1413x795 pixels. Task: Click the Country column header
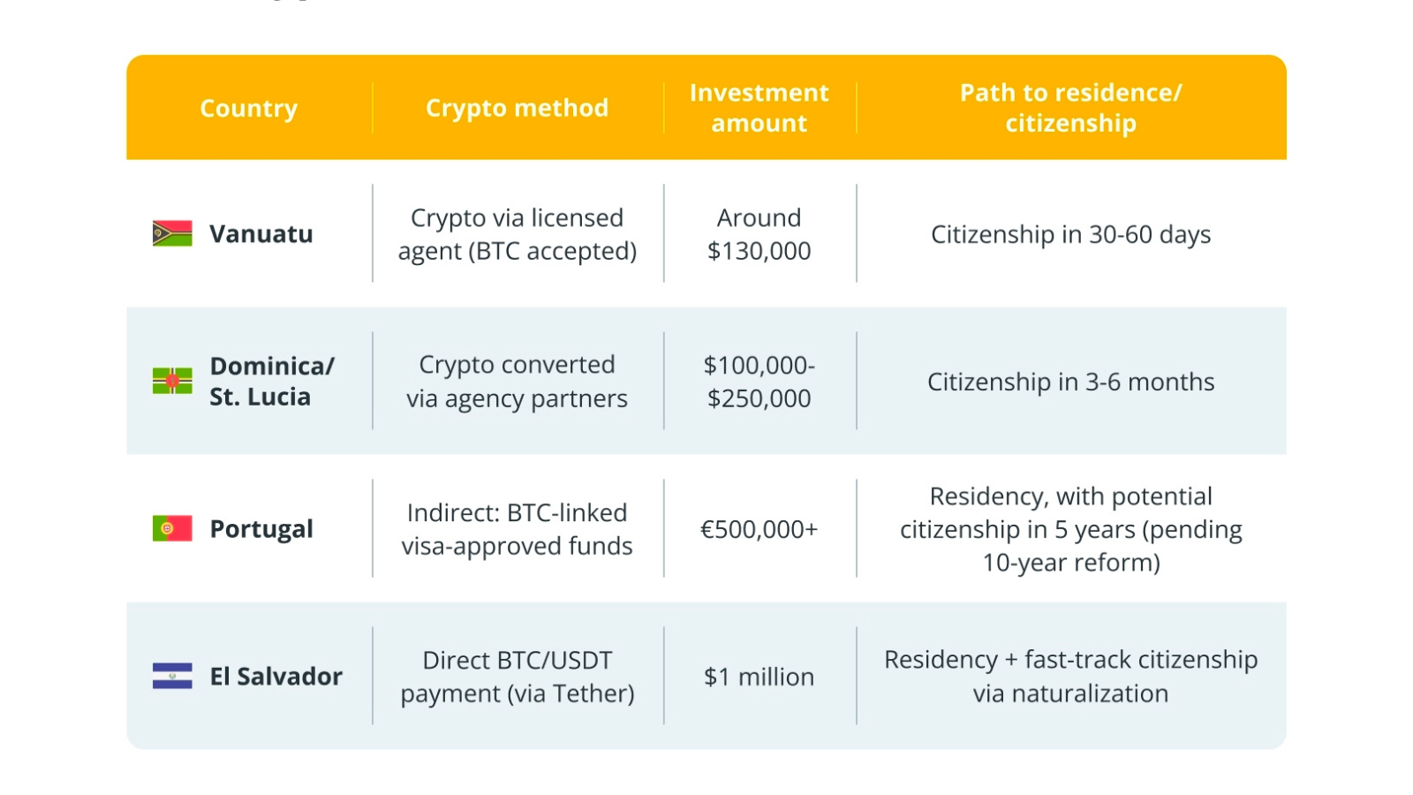248,108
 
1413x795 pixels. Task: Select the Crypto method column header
518,108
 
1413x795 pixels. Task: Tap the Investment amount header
759,107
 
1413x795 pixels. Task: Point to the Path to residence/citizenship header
1071,107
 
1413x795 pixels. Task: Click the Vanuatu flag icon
172,233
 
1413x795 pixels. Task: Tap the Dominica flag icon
172,381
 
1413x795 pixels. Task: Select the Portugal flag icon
172,528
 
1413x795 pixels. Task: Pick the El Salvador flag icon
172,676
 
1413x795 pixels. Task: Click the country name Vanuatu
261,233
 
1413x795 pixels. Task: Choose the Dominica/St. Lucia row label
272,381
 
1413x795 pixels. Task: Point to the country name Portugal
261,529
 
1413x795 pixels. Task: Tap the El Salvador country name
276,676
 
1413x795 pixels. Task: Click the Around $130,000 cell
759,234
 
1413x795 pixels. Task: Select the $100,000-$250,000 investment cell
759,381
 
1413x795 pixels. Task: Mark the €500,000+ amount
759,529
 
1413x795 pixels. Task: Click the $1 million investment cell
759,677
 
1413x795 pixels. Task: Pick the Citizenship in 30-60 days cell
1071,234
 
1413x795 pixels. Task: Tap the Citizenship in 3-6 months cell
1071,382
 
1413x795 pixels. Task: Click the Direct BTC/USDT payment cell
518,677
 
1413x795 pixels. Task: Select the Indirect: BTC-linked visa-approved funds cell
518,529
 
